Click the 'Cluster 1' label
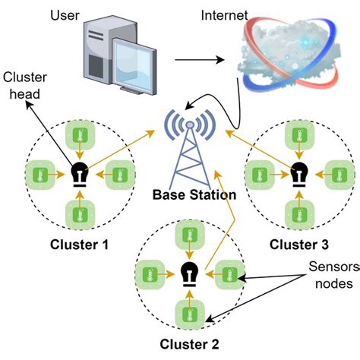click(x=79, y=245)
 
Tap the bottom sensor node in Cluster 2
click(x=188, y=313)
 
